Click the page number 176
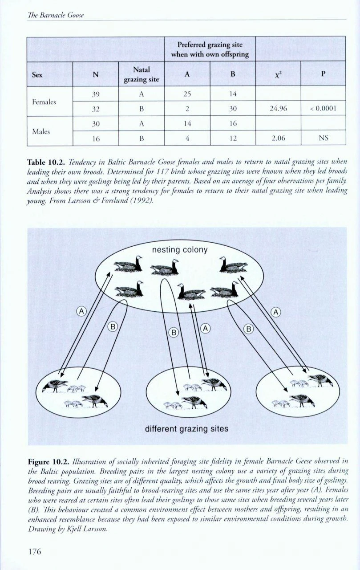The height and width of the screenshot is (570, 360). click(34, 551)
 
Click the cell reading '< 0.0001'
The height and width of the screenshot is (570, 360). click(324, 108)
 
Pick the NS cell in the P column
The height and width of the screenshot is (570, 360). click(324, 138)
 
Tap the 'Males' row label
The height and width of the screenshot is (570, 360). click(40, 130)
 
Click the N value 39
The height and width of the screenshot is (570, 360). click(95, 94)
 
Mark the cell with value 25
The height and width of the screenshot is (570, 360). click(187, 94)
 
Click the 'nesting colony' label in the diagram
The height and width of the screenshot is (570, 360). click(180, 249)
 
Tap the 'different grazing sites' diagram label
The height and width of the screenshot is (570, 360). click(186, 429)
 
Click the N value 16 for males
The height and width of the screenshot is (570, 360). click(95, 138)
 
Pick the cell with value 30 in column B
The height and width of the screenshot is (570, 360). click(232, 108)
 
